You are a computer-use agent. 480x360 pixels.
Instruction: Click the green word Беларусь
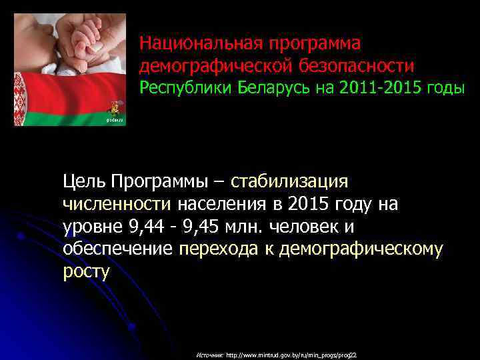pyautogui.click(x=274, y=88)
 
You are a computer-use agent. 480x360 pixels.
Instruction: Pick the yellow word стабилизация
pyautogui.click(x=289, y=181)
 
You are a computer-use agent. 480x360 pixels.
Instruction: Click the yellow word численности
pyautogui.click(x=117, y=204)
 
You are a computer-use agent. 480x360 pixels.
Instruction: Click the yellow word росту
pyautogui.click(x=86, y=272)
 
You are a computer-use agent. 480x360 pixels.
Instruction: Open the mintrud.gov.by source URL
pyautogui.click(x=292, y=355)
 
